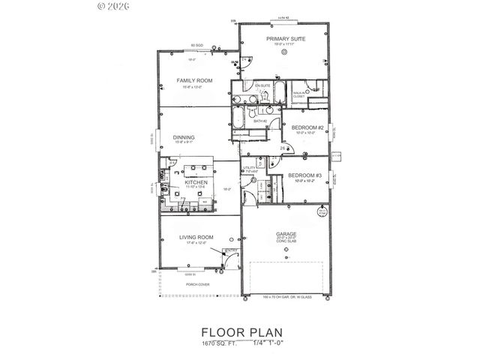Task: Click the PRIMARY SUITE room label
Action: click(x=283, y=37)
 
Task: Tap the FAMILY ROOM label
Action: click(x=194, y=80)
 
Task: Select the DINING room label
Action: click(x=184, y=137)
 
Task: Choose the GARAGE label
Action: click(x=285, y=233)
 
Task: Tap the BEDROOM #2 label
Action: click(x=307, y=127)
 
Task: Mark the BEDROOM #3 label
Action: click(x=304, y=175)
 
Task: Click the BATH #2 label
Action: click(x=260, y=121)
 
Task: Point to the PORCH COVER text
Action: click(x=198, y=285)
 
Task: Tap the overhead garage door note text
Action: click(x=286, y=298)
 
